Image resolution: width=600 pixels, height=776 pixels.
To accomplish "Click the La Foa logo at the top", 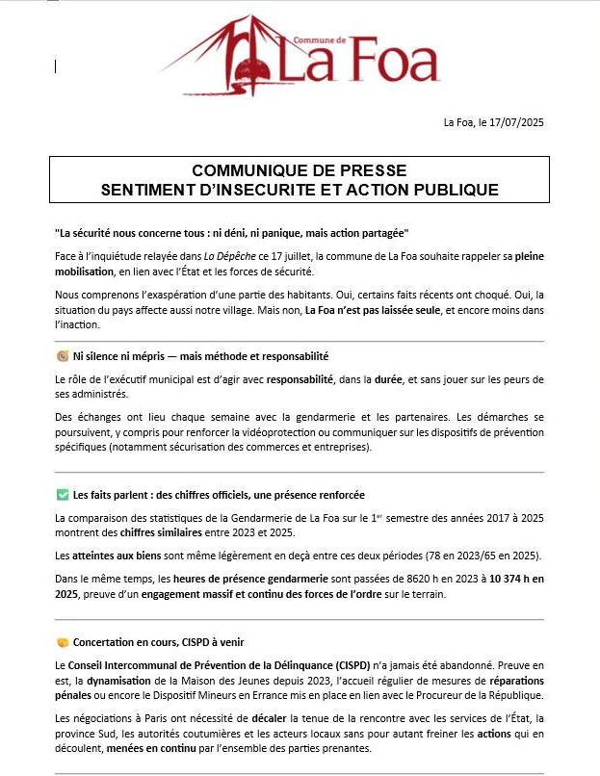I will (299, 58).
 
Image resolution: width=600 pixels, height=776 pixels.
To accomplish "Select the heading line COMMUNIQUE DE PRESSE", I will (300, 170).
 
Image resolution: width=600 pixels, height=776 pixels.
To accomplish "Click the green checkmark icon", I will (63, 495).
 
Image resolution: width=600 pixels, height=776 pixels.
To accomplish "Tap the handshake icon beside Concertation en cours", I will (63, 641).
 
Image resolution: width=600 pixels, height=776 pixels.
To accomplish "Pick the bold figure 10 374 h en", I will (516, 579).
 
